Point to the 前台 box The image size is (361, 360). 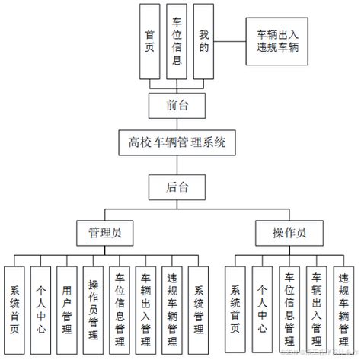177,105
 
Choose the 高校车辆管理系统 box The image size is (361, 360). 177,142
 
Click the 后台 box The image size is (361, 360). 177,184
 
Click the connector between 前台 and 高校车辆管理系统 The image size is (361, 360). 177,123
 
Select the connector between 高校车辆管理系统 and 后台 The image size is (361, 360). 177,164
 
